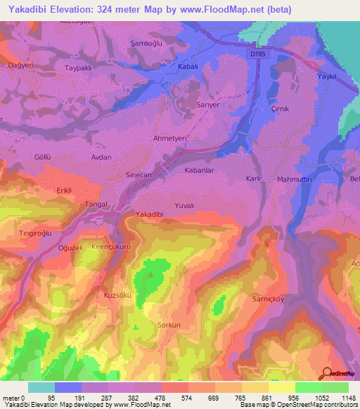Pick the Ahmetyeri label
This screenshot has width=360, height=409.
[x=170, y=139]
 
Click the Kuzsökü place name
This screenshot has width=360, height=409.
[x=117, y=295]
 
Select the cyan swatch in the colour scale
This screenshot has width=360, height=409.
[x=41, y=387]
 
